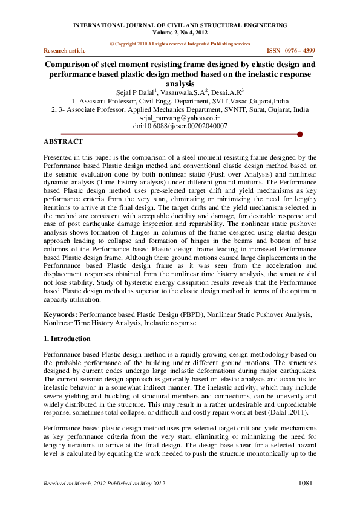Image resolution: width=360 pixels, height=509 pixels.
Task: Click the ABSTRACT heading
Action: point(63,141)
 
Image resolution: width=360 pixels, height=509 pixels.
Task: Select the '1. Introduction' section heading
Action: point(67,339)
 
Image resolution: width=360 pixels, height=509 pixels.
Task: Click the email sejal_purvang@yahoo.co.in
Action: point(180,118)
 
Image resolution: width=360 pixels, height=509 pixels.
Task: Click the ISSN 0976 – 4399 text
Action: point(291,51)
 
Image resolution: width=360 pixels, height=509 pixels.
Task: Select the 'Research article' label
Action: point(65,51)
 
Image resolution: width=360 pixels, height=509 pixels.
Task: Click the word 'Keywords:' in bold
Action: point(61,314)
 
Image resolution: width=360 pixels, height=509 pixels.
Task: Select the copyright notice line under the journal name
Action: point(180,44)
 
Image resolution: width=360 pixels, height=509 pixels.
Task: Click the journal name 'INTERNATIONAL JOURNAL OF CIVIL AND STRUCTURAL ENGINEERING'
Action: point(180,25)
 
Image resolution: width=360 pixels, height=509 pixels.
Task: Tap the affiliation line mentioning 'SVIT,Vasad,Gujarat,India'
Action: point(180,102)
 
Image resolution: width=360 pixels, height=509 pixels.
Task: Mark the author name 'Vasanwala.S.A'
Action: point(180,92)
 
